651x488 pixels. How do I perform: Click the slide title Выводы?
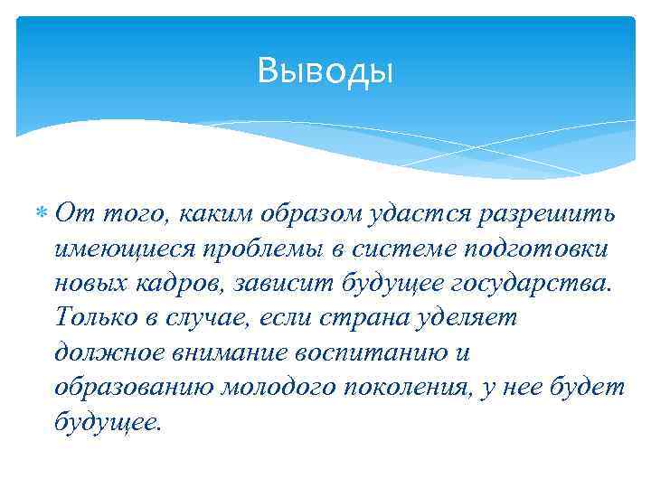(x=325, y=70)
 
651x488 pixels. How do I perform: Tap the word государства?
(x=525, y=283)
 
